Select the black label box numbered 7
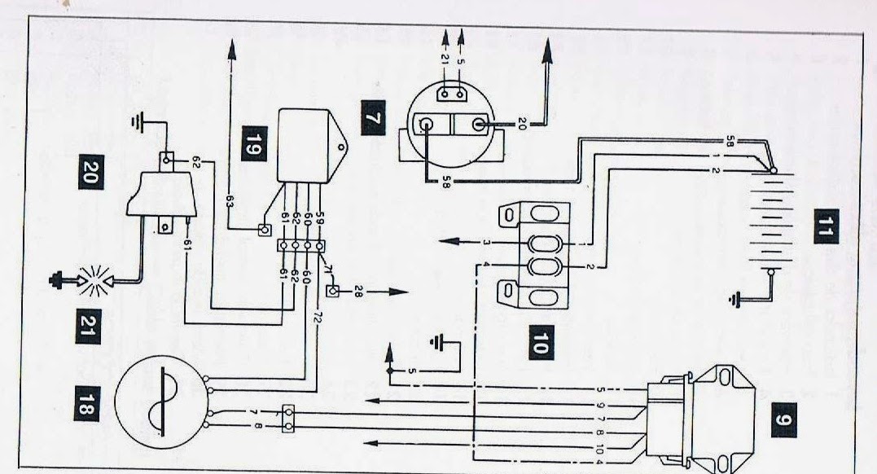pyautogui.click(x=372, y=120)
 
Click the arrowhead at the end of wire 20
pyautogui.click(x=547, y=51)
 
